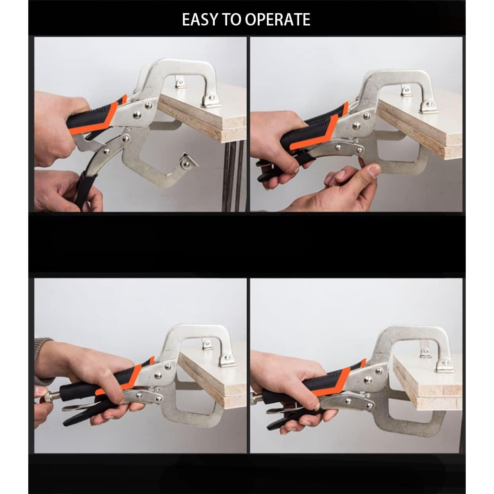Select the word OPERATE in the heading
click(x=277, y=19)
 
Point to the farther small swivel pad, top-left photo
click(x=181, y=83)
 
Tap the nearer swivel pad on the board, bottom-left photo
click(x=227, y=360)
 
